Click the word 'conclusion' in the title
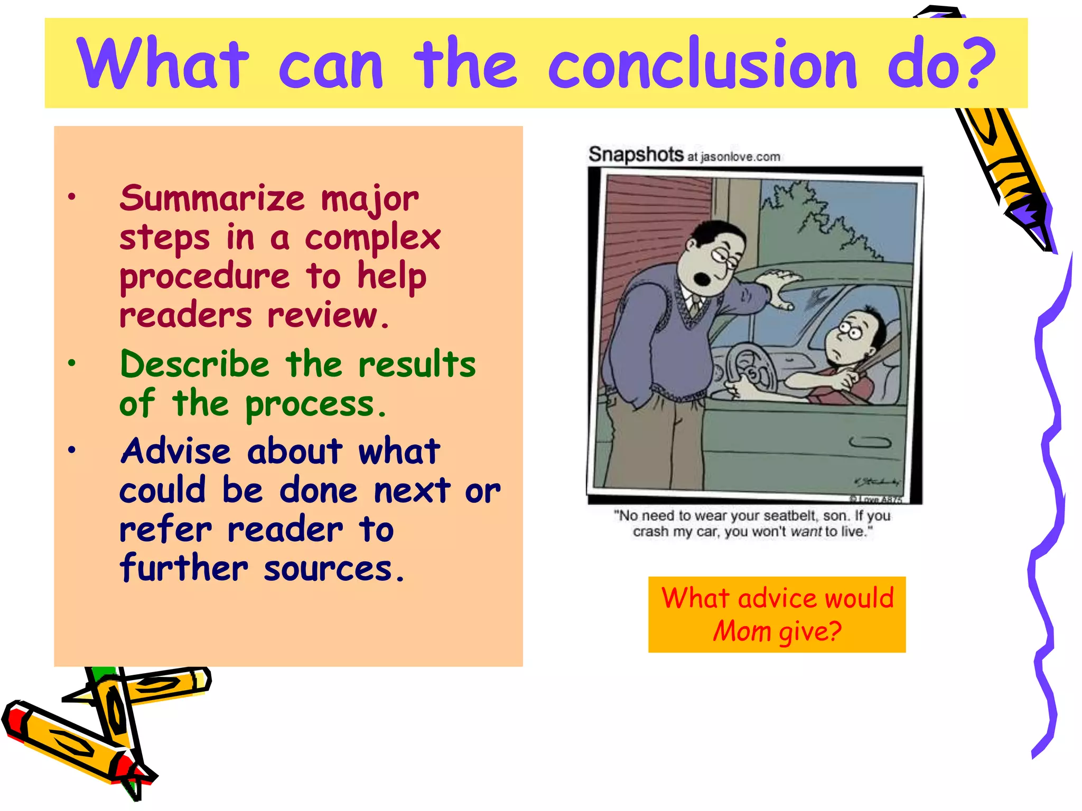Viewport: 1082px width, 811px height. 702,64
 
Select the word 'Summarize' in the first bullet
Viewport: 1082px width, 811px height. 212,199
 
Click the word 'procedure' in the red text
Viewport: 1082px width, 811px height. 204,277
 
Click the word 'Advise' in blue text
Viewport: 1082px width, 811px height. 175,451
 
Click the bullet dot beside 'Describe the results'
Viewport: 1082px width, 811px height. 72,363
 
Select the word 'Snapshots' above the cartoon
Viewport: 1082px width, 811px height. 636,154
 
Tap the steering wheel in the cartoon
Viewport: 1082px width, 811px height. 750,370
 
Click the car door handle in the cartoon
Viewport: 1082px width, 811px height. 870,442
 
